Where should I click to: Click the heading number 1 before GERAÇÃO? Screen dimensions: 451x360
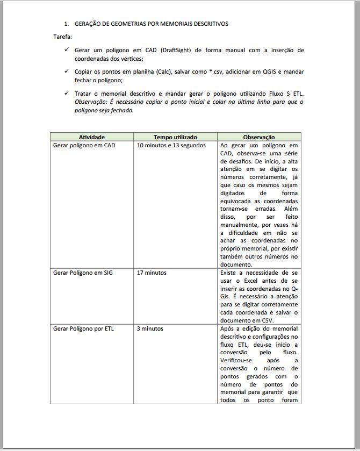(x=66, y=24)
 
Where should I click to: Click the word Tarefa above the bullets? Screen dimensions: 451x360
(x=62, y=37)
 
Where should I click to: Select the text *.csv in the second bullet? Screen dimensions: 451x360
(x=217, y=71)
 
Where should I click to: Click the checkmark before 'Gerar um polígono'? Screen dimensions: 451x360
(x=66, y=50)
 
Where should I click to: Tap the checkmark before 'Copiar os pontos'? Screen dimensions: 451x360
(x=66, y=71)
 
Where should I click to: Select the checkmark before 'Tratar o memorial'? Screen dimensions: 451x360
(x=66, y=93)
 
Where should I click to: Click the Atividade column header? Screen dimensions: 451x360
(x=92, y=137)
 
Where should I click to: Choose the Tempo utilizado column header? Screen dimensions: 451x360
(x=175, y=137)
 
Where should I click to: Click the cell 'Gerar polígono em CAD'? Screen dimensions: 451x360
(x=84, y=146)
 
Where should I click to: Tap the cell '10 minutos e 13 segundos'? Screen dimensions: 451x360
(x=171, y=146)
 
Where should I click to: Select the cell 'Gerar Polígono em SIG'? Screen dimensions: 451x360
(x=83, y=273)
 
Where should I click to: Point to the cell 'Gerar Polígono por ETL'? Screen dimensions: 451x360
(x=83, y=328)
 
